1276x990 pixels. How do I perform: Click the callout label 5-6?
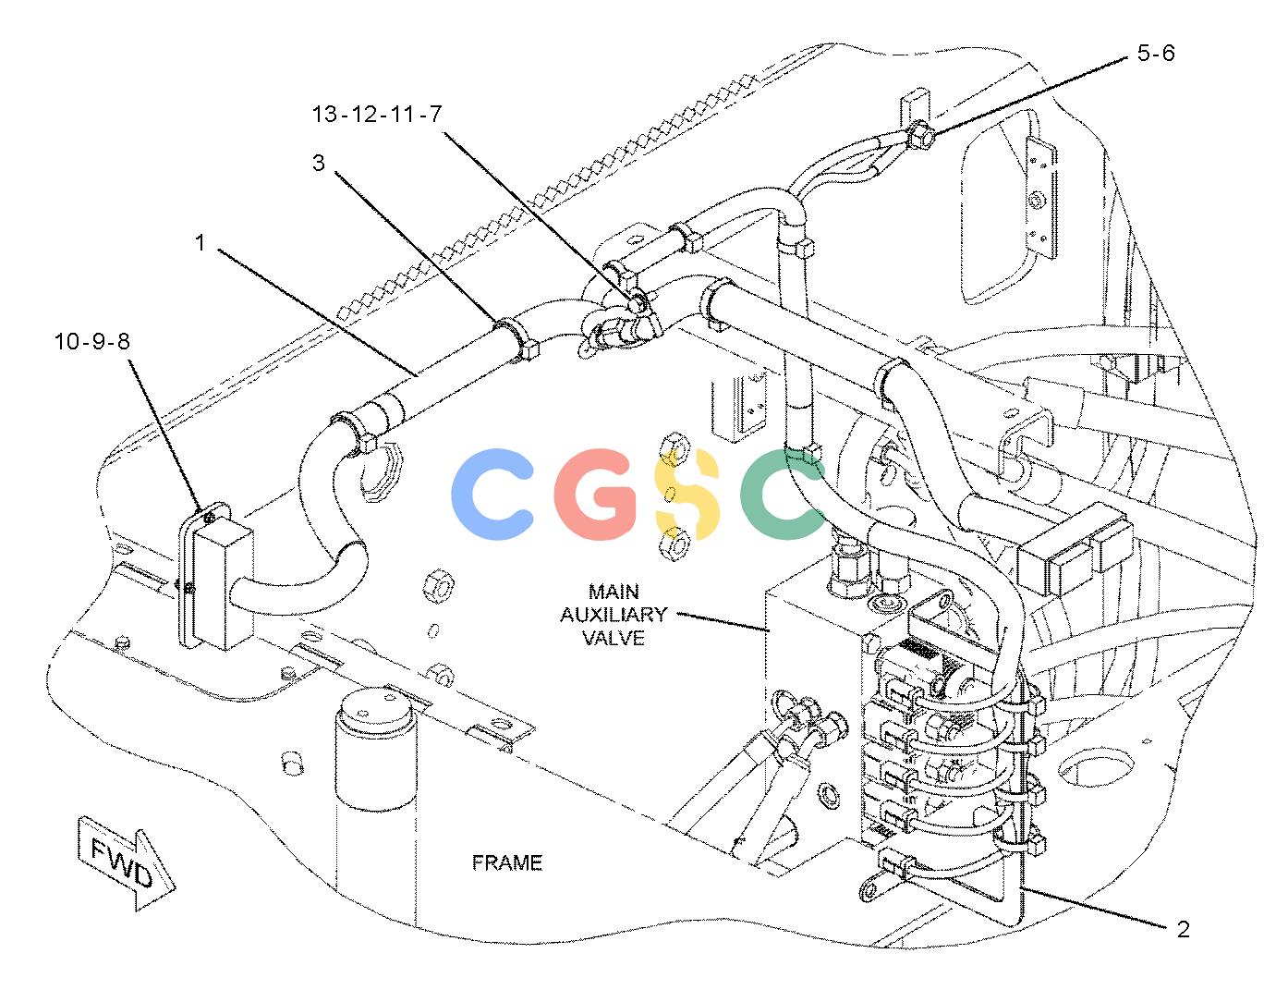(x=1156, y=54)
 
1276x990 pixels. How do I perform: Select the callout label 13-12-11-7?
(x=376, y=114)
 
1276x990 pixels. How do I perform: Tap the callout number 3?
(x=318, y=163)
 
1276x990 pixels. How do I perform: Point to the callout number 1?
(x=201, y=242)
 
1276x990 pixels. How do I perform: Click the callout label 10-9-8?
(x=92, y=341)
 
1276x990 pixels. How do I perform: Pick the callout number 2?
(x=1184, y=929)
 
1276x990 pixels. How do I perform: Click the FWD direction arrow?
(x=125, y=862)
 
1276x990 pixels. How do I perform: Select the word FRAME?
(x=507, y=862)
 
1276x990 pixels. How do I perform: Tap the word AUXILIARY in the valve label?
(x=614, y=614)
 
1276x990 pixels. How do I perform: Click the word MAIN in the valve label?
(x=614, y=591)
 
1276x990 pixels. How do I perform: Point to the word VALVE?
(x=614, y=638)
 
